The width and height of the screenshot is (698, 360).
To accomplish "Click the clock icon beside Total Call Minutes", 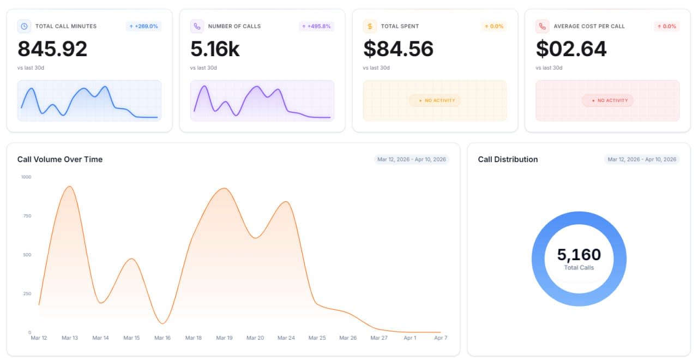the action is [x=24, y=26].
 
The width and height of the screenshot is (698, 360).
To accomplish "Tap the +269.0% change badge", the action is [x=143, y=26].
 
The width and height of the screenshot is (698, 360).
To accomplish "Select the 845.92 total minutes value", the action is [x=52, y=49].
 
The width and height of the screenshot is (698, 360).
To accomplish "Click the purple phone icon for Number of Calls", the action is [x=197, y=26].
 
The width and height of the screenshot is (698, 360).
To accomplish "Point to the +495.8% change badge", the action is [x=316, y=26].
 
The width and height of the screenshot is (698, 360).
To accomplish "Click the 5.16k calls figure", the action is [x=215, y=49].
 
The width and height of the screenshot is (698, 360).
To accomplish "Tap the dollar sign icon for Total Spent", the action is [x=370, y=26].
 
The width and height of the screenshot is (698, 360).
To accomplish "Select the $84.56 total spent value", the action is [x=398, y=49].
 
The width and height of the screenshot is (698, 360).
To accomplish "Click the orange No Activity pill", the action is [x=435, y=100].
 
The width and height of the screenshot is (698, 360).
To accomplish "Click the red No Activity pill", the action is [x=607, y=100].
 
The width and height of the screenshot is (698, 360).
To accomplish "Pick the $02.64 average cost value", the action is [x=571, y=49].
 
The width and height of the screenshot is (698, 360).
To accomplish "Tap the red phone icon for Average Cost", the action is [x=543, y=26].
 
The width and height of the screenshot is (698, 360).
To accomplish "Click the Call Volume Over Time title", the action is [x=60, y=159].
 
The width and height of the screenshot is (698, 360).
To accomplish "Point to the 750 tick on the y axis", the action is [x=27, y=215].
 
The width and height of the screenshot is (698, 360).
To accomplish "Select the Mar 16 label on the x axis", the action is [x=163, y=338].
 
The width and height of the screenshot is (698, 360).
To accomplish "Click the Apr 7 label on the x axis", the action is [x=441, y=338].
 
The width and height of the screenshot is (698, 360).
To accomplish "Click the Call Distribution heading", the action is [x=508, y=159].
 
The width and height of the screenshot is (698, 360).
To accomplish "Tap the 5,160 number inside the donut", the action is [x=579, y=254].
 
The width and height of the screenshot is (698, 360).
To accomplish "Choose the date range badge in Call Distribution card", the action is [x=642, y=159].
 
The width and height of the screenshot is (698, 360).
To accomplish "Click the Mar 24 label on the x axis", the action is [x=286, y=338].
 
